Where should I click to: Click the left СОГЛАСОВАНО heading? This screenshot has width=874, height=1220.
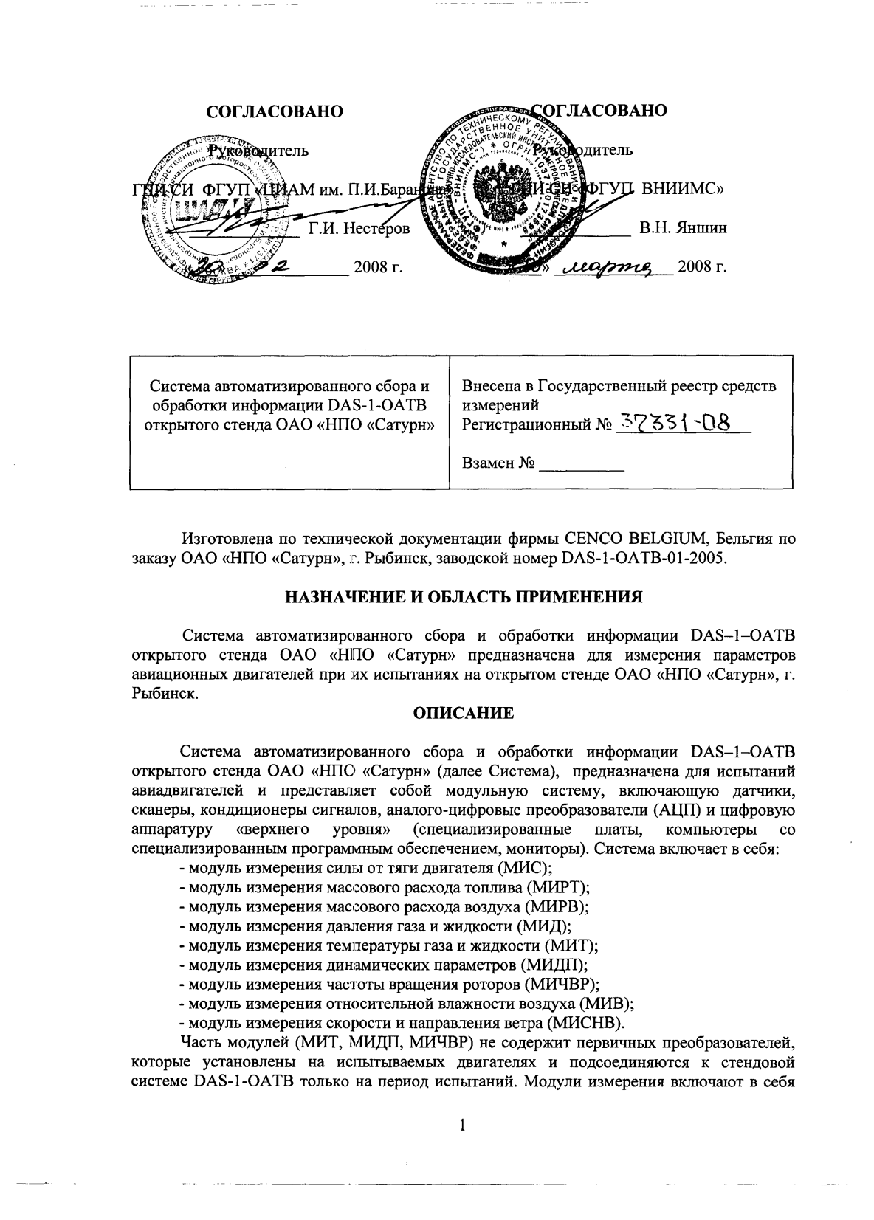[275, 111]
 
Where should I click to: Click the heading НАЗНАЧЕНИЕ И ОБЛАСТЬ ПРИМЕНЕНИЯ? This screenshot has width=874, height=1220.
[464, 598]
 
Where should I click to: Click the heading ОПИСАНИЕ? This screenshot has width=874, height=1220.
[462, 714]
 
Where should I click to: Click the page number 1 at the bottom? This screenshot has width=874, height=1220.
[463, 1125]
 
